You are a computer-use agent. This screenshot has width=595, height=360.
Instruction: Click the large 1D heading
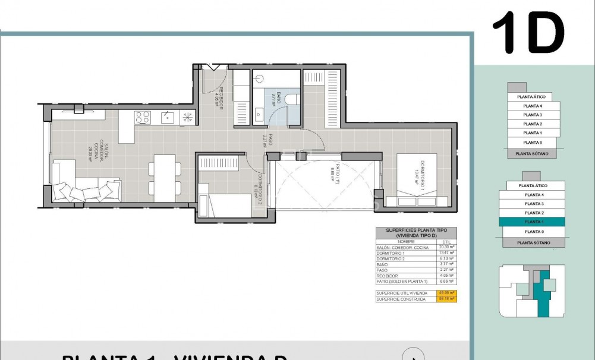(x=528, y=33)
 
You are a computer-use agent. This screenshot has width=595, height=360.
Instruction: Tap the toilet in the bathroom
(x=291, y=99)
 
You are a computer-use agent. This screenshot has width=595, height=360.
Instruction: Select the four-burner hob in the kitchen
(x=142, y=117)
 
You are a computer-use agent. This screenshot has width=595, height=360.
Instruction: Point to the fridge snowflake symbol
(x=187, y=117)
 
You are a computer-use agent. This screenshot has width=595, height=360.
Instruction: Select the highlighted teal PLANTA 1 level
(x=533, y=222)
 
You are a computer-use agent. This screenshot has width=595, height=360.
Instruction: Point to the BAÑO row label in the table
(x=382, y=264)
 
